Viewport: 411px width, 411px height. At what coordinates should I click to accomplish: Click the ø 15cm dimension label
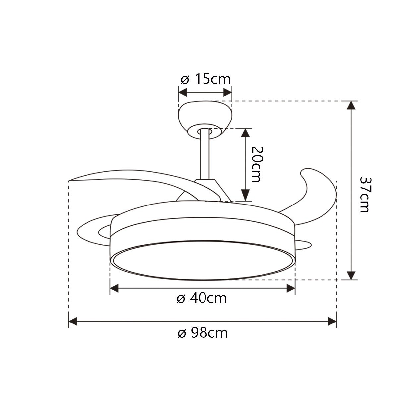(206, 79)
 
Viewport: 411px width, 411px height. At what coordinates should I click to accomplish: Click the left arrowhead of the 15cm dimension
(183, 93)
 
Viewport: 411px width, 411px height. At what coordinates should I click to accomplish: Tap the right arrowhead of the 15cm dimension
(227, 93)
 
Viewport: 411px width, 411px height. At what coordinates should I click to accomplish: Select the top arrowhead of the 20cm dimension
(245, 133)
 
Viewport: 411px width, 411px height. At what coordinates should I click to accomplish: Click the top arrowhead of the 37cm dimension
(351, 105)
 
